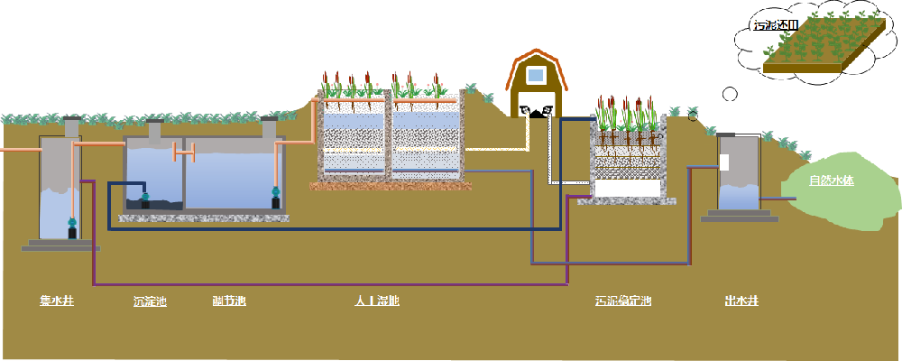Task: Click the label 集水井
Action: coord(56,301)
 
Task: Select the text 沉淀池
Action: coord(150,301)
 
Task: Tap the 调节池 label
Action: coord(229,301)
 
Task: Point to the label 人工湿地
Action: coord(377,301)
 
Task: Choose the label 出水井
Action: coord(741,301)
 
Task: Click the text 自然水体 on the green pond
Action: coord(831,180)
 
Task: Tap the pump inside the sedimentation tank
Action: coord(144,198)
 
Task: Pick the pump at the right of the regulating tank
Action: coord(276,196)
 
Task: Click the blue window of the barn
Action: coord(536,75)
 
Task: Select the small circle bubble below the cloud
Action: coord(731,93)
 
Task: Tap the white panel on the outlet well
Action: coord(724,162)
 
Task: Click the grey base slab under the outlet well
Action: coord(738,217)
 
